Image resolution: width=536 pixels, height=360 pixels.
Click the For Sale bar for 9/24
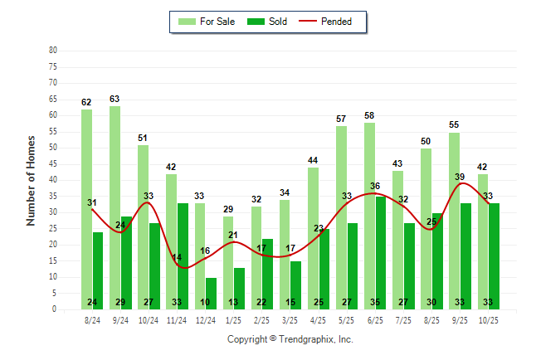[115, 207]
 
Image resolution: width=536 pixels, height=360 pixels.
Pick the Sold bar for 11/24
[183, 249]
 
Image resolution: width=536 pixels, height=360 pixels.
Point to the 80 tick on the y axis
[53, 50]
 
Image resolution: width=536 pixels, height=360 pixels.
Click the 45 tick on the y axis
[53, 163]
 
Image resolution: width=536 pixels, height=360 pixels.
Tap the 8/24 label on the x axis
[92, 319]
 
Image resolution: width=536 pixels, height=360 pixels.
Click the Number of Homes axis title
[31, 180]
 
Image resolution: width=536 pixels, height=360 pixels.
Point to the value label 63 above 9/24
[115, 100]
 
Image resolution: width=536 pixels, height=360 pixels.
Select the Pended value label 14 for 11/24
[177, 257]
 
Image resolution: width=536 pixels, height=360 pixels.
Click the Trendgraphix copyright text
[290, 339]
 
